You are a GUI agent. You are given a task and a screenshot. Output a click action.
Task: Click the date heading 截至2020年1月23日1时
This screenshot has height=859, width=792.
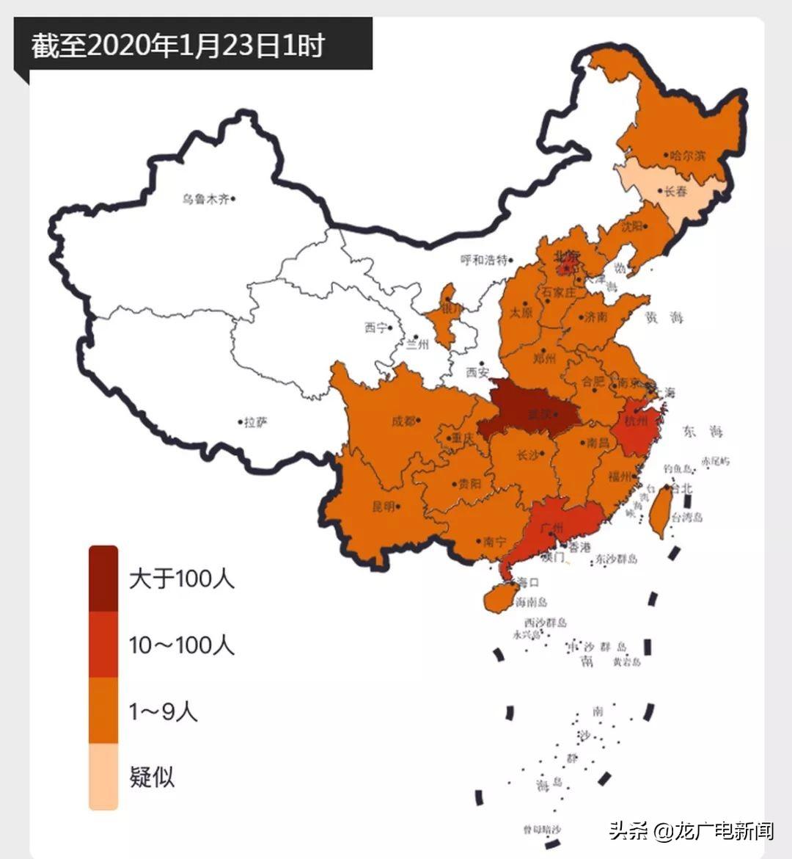[177, 46]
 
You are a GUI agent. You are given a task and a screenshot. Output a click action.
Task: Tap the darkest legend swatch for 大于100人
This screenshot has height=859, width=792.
[103, 579]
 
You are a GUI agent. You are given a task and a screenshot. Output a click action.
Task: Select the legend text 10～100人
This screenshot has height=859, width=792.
[182, 645]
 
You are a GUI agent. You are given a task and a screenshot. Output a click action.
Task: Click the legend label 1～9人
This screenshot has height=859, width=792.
[163, 711]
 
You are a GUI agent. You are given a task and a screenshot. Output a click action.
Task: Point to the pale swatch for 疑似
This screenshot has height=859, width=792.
[103, 776]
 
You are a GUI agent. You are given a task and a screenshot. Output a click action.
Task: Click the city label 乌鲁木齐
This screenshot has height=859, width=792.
[206, 199]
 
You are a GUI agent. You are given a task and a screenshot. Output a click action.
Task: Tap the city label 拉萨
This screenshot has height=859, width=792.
[257, 422]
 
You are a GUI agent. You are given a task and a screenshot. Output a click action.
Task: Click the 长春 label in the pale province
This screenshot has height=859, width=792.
[675, 192]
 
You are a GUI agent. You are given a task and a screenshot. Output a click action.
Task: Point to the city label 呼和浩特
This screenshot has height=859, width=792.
[483, 260]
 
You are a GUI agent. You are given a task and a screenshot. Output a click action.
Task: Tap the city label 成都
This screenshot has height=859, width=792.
[403, 421]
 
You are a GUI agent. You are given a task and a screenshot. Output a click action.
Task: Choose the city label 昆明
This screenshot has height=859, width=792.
[384, 507]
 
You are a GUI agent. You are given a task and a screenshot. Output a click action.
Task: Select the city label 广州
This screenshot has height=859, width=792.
[551, 528]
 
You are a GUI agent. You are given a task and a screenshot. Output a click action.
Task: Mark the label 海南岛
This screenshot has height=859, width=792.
[531, 602]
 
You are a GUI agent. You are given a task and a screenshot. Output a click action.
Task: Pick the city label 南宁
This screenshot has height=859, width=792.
[495, 543]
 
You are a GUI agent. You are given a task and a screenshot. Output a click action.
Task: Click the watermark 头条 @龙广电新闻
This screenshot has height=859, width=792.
[691, 831]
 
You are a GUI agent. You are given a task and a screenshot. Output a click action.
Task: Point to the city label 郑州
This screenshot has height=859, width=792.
[545, 359]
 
